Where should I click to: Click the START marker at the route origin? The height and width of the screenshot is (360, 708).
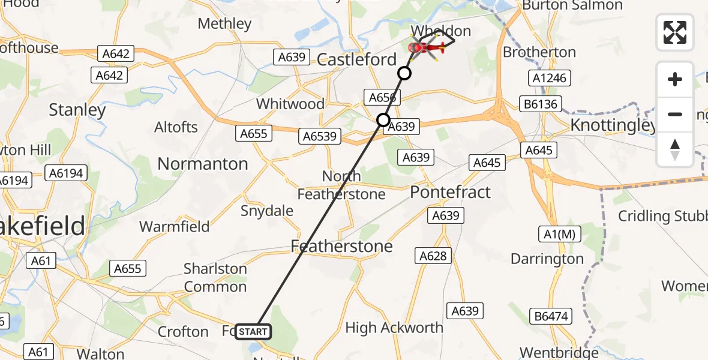pyautogui.click(x=253, y=332)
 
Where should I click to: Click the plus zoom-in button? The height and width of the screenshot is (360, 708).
pyautogui.click(x=675, y=79)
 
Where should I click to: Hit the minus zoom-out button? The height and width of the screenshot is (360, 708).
pyautogui.click(x=675, y=114)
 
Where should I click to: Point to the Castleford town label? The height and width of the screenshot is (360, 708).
pyautogui.click(x=356, y=59)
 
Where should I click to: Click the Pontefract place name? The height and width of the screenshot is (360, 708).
pyautogui.click(x=450, y=193)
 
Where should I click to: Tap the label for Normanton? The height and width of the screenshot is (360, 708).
pyautogui.click(x=202, y=164)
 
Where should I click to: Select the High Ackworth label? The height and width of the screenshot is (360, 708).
pyautogui.click(x=394, y=328)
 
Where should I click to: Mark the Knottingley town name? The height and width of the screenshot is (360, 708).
pyautogui.click(x=613, y=125)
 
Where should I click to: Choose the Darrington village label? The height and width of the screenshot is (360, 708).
pyautogui.click(x=547, y=259)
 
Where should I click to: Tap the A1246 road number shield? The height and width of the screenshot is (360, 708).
pyautogui.click(x=549, y=78)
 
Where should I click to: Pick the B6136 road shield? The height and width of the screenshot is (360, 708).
pyautogui.click(x=541, y=104)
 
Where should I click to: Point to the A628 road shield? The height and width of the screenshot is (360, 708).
pyautogui.click(x=433, y=256)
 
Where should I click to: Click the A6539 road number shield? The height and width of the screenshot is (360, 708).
pyautogui.click(x=318, y=137)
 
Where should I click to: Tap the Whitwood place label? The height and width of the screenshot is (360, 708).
pyautogui.click(x=290, y=104)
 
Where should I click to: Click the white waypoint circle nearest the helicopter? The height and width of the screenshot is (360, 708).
pyautogui.click(x=404, y=73)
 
